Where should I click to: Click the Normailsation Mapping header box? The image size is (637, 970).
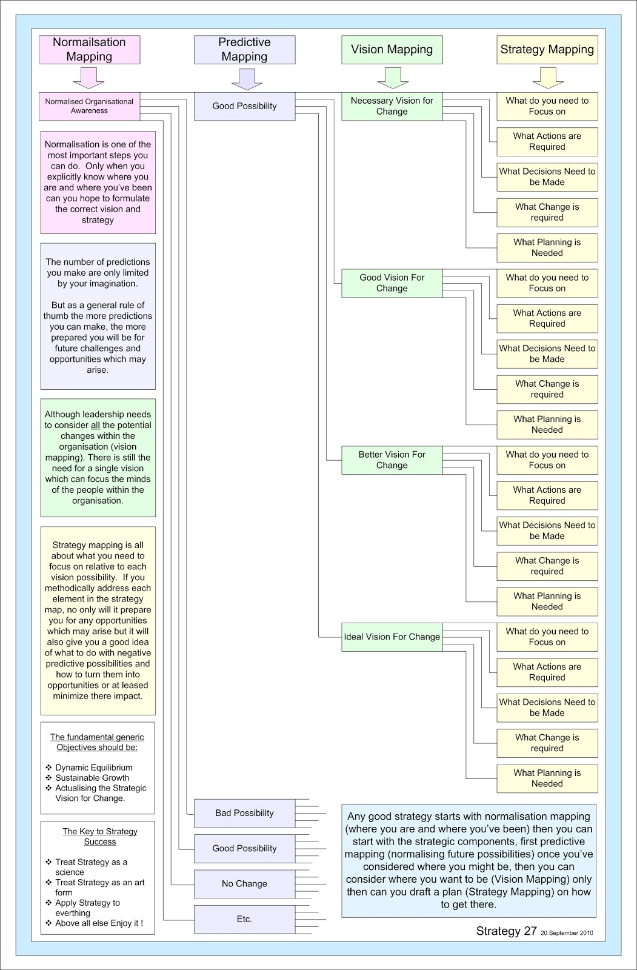(x=89, y=50)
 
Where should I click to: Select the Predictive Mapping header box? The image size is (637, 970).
(x=244, y=50)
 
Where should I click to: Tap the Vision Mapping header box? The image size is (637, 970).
(x=392, y=50)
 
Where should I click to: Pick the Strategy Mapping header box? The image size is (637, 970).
(x=547, y=50)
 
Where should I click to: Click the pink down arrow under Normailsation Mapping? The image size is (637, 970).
(x=89, y=78)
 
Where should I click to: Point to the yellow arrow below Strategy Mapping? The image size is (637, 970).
(x=547, y=78)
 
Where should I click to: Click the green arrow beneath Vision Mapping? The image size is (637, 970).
(x=392, y=78)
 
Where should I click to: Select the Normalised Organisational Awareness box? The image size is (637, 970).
(x=89, y=106)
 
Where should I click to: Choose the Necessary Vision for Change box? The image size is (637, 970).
(x=392, y=106)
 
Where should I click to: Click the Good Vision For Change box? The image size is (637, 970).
(x=392, y=283)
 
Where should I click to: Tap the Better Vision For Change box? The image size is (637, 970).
(x=392, y=460)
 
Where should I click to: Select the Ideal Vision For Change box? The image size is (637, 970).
(x=392, y=637)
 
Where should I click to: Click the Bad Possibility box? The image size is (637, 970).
(x=244, y=813)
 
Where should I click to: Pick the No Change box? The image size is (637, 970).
(x=244, y=884)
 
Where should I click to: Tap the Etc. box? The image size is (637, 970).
(x=244, y=919)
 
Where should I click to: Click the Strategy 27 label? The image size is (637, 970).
(x=506, y=931)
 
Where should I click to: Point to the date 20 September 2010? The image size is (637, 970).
(x=567, y=933)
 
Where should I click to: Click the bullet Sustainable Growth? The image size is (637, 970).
(x=92, y=778)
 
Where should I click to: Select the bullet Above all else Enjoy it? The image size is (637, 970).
(x=99, y=923)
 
